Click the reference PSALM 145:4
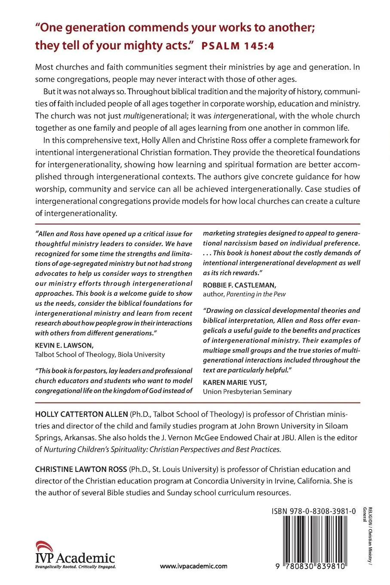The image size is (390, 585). [x=238, y=46]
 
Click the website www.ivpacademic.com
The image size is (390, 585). [x=193, y=567]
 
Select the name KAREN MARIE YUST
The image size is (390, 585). [x=231, y=382]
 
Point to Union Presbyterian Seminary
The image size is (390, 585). [x=247, y=391]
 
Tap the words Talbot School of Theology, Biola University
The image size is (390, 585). [x=100, y=354]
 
